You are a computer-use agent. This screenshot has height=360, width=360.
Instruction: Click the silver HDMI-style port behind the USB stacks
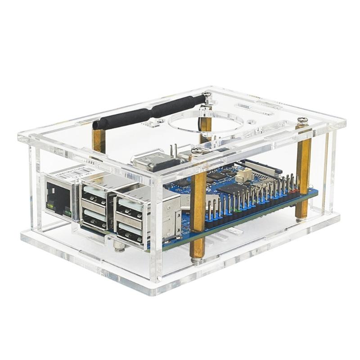pyautogui.click(x=153, y=161)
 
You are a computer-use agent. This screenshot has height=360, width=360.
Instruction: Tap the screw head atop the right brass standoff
pyautogui.click(x=303, y=120)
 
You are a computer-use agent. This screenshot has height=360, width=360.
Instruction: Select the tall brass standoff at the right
pyautogui.click(x=302, y=171)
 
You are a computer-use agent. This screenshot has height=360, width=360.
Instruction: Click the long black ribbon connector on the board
pyautogui.click(x=261, y=167)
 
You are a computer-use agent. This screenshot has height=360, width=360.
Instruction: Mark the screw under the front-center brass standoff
pyautogui.click(x=196, y=260)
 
